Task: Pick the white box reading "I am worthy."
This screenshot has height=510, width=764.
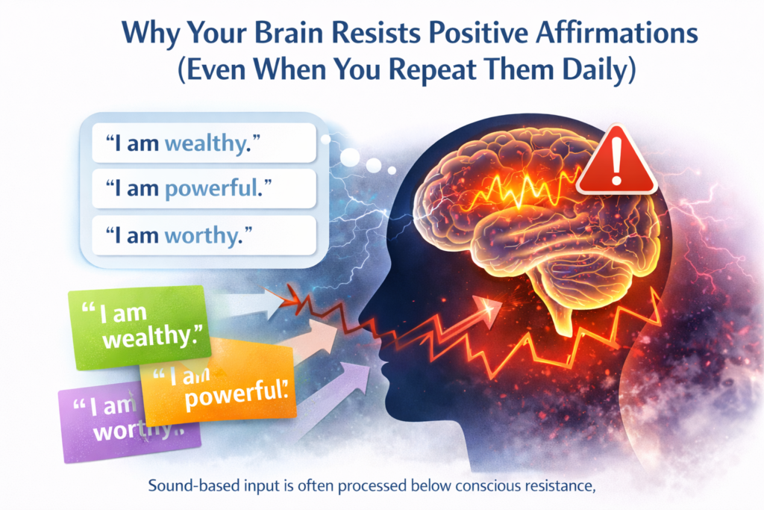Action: [204, 237]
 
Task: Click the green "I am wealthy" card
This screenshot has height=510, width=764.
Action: [139, 328]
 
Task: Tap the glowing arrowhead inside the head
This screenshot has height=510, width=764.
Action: [488, 305]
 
